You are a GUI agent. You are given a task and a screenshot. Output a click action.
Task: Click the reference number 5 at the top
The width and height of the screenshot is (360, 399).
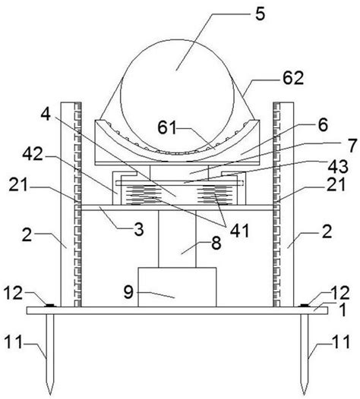(260, 14)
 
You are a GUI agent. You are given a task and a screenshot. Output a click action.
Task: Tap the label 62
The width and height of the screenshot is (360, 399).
(293, 78)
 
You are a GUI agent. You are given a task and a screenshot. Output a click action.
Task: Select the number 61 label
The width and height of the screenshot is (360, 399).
(167, 127)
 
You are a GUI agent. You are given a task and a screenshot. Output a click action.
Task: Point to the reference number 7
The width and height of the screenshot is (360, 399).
(352, 146)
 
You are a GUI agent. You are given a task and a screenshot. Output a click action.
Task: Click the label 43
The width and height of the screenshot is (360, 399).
(338, 167)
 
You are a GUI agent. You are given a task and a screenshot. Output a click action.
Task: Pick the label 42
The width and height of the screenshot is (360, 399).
(33, 154)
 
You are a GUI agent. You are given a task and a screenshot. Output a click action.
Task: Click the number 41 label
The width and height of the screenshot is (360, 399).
(239, 231)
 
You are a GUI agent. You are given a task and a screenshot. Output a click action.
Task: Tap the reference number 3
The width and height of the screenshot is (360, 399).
(139, 229)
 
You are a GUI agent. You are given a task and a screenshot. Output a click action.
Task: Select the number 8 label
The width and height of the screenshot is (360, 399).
(216, 243)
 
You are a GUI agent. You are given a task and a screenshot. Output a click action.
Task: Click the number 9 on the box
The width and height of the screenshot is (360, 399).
(128, 292)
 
